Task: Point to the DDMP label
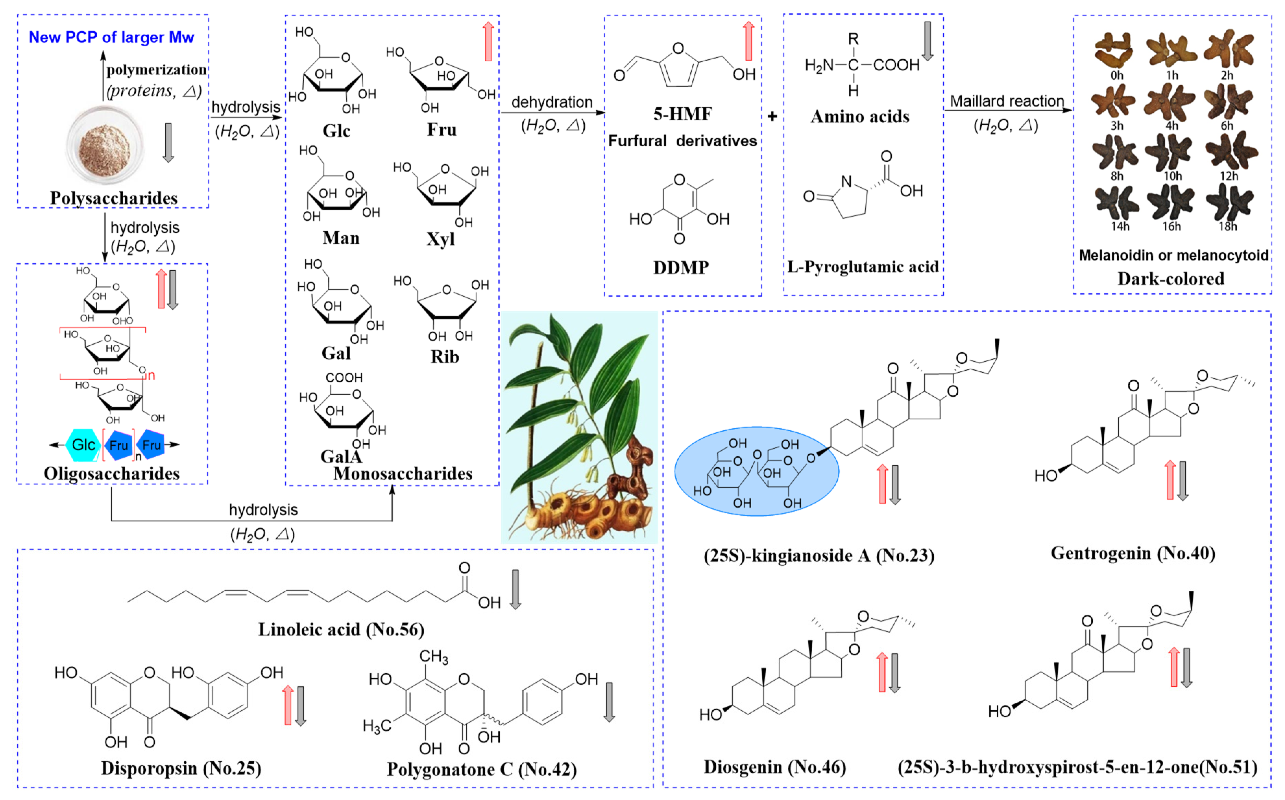pyautogui.click(x=681, y=268)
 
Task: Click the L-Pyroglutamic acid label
pyautogui.click(x=863, y=267)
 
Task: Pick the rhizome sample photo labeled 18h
pyautogui.click(x=1229, y=204)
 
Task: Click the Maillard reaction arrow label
pyautogui.click(x=1007, y=101)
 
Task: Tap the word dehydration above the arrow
pyautogui.click(x=551, y=102)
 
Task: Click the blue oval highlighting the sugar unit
pyautogui.click(x=756, y=471)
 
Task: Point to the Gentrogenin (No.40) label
pyautogui.click(x=1132, y=553)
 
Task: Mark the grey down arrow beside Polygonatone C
pyautogui.click(x=609, y=702)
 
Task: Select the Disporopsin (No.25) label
pyautogui.click(x=181, y=768)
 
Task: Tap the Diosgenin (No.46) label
pyautogui.click(x=774, y=767)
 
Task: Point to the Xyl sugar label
pyautogui.click(x=440, y=239)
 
